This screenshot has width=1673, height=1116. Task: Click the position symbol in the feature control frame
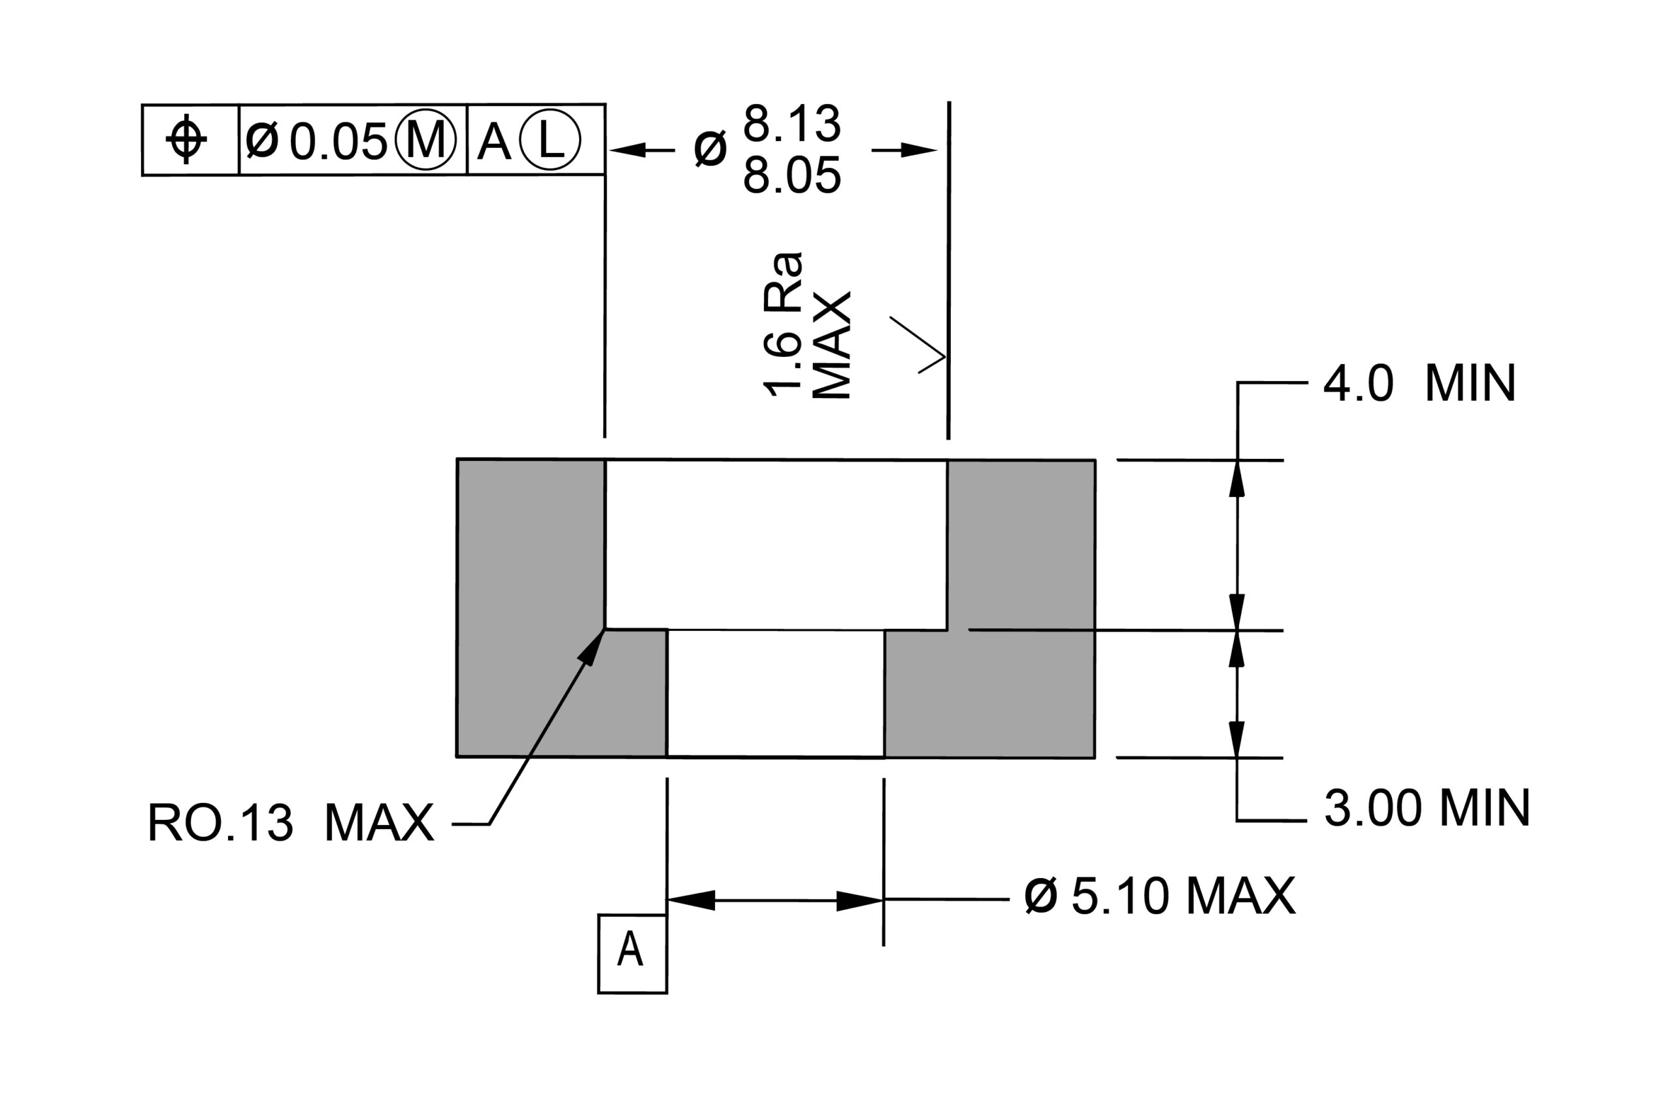[x=186, y=139]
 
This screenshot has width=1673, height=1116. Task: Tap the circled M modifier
[x=425, y=139]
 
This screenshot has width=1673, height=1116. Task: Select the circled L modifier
[x=550, y=139]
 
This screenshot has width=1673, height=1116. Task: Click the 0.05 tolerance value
[x=338, y=142]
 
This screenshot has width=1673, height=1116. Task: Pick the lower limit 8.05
[x=793, y=175]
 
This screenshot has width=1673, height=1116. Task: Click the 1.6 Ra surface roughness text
[x=782, y=324]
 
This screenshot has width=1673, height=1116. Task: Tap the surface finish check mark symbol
[x=918, y=345]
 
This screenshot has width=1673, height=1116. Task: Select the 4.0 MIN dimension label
[x=1420, y=383]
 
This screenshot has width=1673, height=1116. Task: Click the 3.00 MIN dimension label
[x=1427, y=808]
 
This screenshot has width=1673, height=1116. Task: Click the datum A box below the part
[x=633, y=953]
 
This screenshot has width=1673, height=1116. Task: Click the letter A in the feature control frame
[x=493, y=142]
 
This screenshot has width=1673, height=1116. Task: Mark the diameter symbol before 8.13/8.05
[x=710, y=150]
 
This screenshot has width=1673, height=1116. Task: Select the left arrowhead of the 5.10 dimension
[x=691, y=900]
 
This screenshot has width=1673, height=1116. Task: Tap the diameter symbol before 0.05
[x=262, y=140]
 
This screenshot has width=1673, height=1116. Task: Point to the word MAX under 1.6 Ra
[x=831, y=345]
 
